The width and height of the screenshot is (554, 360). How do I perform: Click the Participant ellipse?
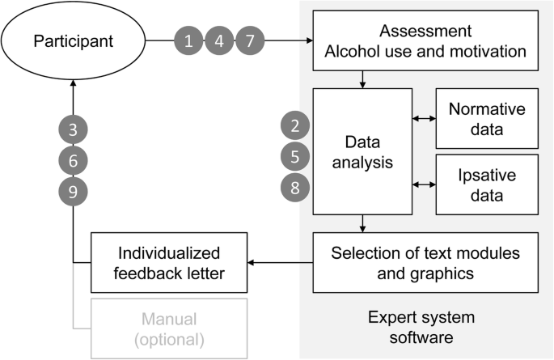(x=73, y=40)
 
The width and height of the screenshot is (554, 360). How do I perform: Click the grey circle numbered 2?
(x=295, y=125)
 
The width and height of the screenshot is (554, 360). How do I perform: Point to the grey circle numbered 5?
(x=295, y=155)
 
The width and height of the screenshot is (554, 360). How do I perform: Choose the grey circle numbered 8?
(x=295, y=187)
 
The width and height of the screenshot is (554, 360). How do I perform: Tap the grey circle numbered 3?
(x=73, y=129)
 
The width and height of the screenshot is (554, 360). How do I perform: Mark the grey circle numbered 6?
(x=73, y=160)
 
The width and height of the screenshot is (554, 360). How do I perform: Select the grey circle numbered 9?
(x=73, y=191)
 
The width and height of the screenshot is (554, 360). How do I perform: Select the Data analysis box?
(x=362, y=151)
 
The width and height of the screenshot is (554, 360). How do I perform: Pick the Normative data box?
(x=487, y=118)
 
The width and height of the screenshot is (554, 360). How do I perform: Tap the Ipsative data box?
(x=487, y=184)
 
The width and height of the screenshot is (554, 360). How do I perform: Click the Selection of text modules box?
(x=425, y=262)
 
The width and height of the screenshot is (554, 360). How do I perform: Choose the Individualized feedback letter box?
(x=168, y=262)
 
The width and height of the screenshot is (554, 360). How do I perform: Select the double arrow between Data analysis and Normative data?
(x=424, y=118)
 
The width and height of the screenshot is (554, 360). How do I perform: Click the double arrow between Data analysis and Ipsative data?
(x=424, y=184)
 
